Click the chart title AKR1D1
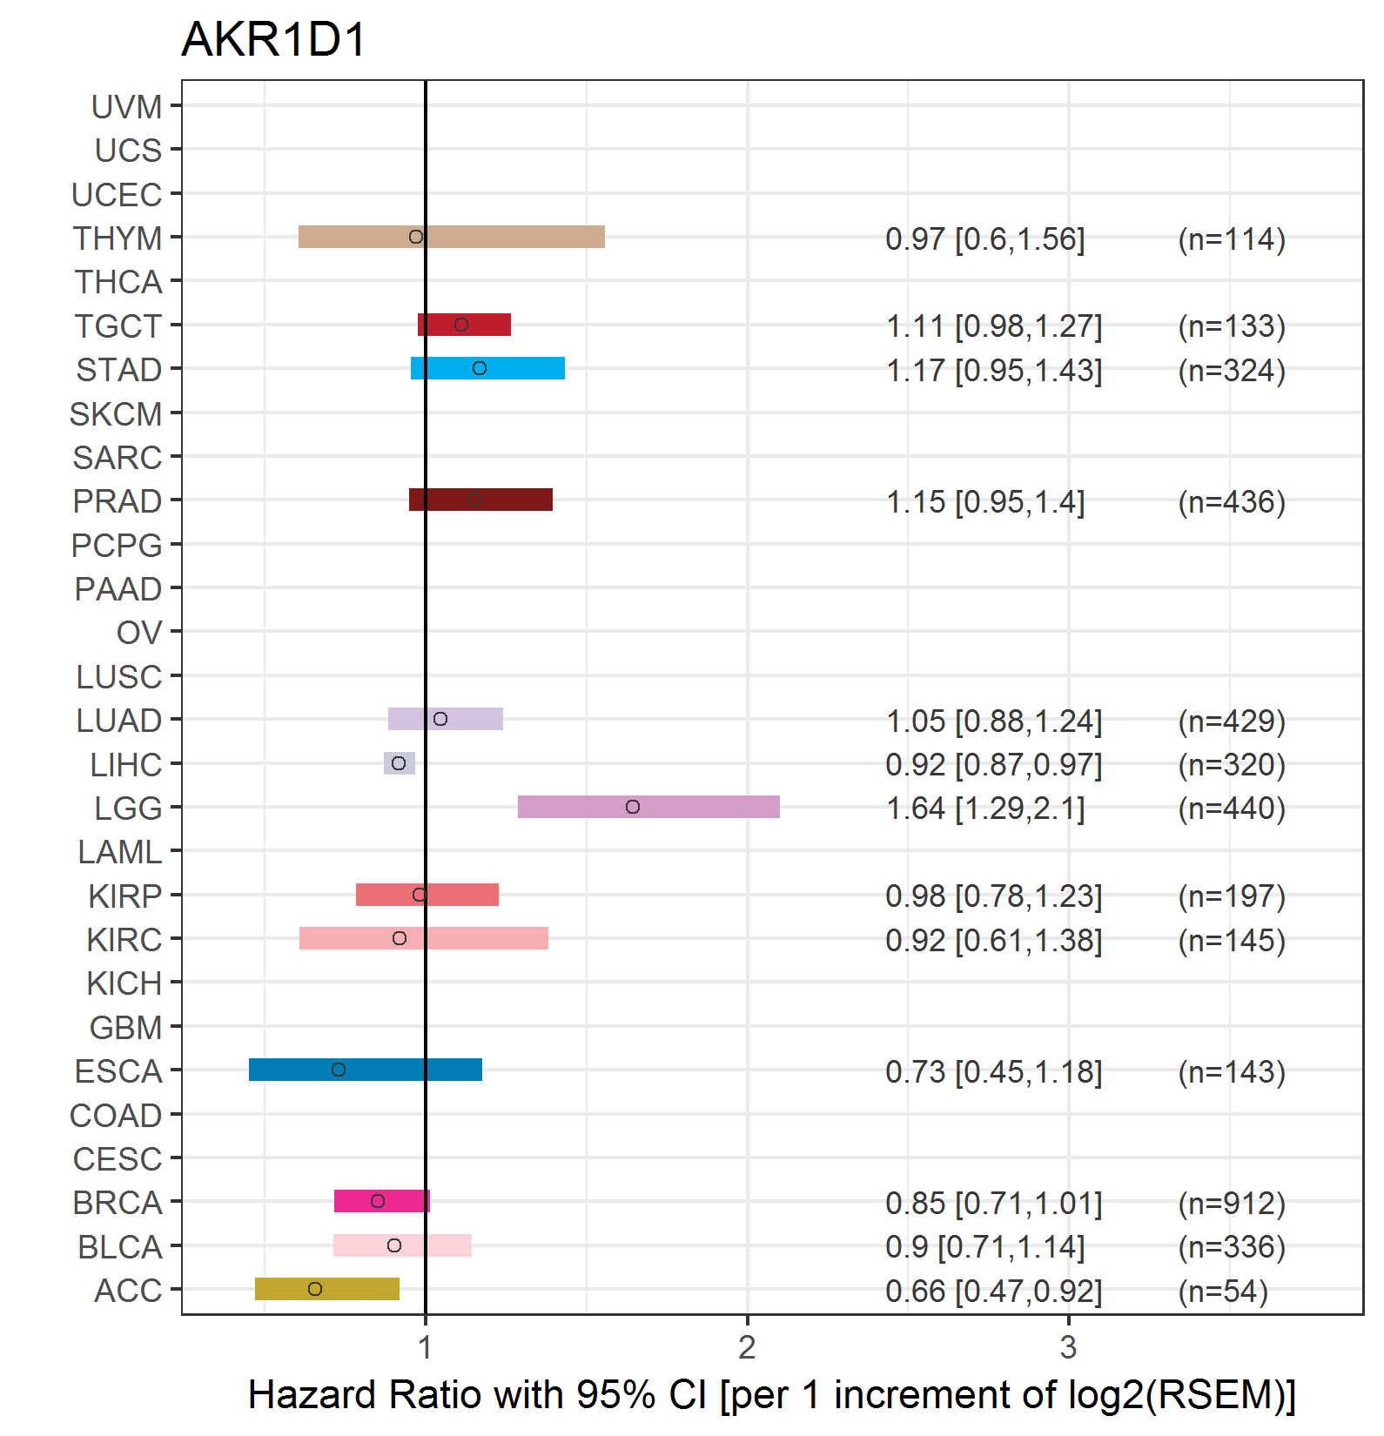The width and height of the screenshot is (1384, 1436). click(x=274, y=40)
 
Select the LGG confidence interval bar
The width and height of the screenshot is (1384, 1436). click(x=648, y=807)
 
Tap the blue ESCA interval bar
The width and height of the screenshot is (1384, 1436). click(x=366, y=1070)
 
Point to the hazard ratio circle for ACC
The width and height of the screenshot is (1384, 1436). click(x=315, y=1289)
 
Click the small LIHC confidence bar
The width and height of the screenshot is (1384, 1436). click(x=400, y=763)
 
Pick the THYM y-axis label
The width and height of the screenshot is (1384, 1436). click(x=118, y=238)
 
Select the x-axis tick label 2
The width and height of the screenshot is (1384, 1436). click(x=747, y=1347)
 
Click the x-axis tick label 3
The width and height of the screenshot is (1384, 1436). click(x=1068, y=1347)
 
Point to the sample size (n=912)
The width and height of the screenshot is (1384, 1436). click(x=1232, y=1203)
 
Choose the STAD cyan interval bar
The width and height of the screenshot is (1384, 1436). click(x=487, y=368)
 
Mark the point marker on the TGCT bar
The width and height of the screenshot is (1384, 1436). click(x=461, y=325)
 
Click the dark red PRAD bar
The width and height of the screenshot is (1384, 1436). click(x=480, y=500)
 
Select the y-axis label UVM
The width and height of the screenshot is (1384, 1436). click(x=127, y=107)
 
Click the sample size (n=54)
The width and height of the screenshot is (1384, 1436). click(x=1223, y=1291)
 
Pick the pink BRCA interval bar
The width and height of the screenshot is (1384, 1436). click(x=382, y=1201)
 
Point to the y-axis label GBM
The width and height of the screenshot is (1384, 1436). click(x=126, y=1028)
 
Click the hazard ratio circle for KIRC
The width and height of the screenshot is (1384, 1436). click(x=400, y=938)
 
